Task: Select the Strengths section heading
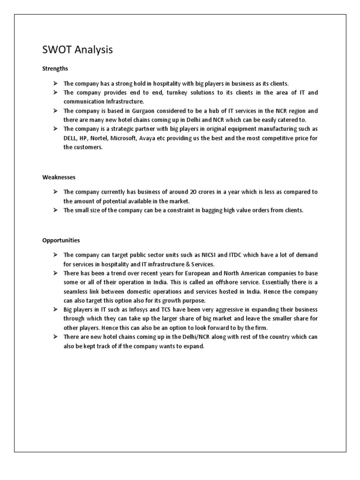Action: [55, 68]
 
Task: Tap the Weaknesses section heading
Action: [59, 178]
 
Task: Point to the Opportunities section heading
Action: [61, 240]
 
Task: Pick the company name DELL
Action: [71, 138]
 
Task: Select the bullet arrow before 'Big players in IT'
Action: [55, 310]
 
